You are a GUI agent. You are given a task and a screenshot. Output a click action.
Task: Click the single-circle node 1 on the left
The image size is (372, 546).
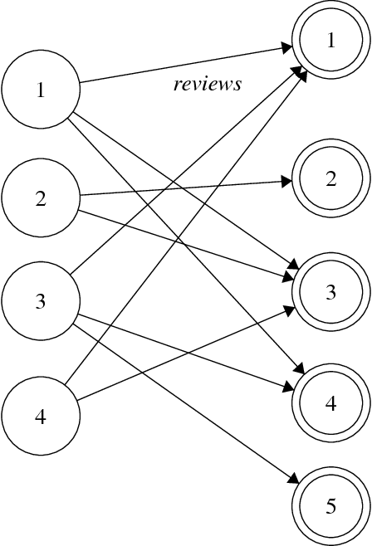pyautogui.click(x=40, y=90)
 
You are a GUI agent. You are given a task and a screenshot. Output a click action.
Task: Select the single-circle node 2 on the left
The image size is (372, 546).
pyautogui.click(x=40, y=198)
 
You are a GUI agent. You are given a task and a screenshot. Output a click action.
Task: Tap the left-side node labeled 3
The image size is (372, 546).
pyautogui.click(x=40, y=300)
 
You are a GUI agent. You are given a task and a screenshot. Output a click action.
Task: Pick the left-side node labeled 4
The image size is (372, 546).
pyautogui.click(x=40, y=415)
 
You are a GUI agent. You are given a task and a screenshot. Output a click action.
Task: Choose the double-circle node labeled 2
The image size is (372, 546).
pyautogui.click(x=330, y=179)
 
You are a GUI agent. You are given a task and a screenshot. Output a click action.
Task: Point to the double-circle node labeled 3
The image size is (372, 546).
pyautogui.click(x=330, y=291)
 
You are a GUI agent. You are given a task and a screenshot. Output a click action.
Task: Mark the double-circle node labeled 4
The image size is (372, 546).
pyautogui.click(x=330, y=403)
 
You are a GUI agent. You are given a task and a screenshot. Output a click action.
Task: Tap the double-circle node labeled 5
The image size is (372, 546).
pyautogui.click(x=330, y=505)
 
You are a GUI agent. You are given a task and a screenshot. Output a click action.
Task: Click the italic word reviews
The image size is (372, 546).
pyautogui.click(x=207, y=84)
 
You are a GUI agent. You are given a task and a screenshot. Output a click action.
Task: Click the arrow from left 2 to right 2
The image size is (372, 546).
pyautogui.click(x=183, y=188)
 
